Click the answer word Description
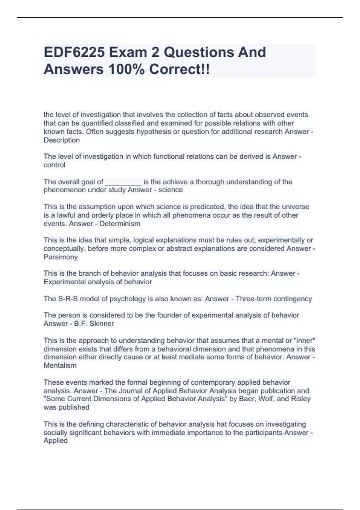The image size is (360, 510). pos(61,140)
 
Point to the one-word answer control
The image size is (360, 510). pos(54,165)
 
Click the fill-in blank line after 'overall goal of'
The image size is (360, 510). pos(123,182)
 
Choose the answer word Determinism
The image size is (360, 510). pos(120,224)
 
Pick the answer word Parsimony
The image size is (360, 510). pos(61,257)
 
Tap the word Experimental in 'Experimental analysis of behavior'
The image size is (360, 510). pos(64,282)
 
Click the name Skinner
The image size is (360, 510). pos(102,324)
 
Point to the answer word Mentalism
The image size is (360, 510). pos(60,365)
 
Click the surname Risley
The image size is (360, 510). pos(301,399)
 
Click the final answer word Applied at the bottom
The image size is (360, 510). pos(55,441)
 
